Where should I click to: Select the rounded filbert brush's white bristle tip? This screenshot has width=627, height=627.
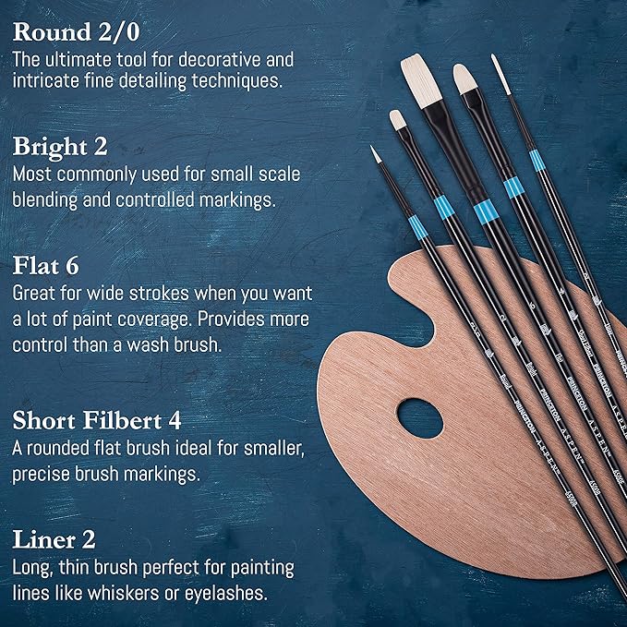tap(464, 79)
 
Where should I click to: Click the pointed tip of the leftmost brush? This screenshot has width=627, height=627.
tap(376, 152)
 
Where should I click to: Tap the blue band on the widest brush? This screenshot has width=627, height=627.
tap(484, 213)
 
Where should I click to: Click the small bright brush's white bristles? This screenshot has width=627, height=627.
tap(397, 119)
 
